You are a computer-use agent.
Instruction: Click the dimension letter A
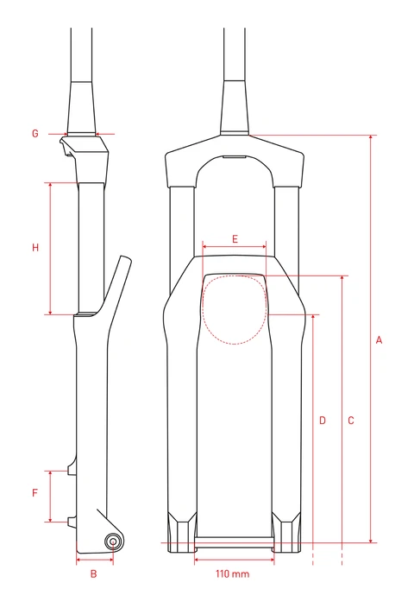click(379, 340)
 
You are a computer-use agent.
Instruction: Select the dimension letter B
click(95, 573)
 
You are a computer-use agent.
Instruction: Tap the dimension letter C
click(351, 421)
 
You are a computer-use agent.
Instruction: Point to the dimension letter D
click(322, 421)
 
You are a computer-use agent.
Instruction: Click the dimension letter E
click(234, 237)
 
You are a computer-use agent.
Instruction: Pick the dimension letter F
click(35, 494)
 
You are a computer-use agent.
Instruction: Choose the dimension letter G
click(35, 134)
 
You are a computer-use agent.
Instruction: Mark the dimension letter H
click(35, 248)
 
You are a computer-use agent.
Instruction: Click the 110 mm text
click(233, 573)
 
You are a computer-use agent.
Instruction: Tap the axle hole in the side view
click(113, 541)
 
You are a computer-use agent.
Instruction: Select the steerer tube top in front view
click(235, 35)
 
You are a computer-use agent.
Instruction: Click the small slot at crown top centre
click(234, 158)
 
